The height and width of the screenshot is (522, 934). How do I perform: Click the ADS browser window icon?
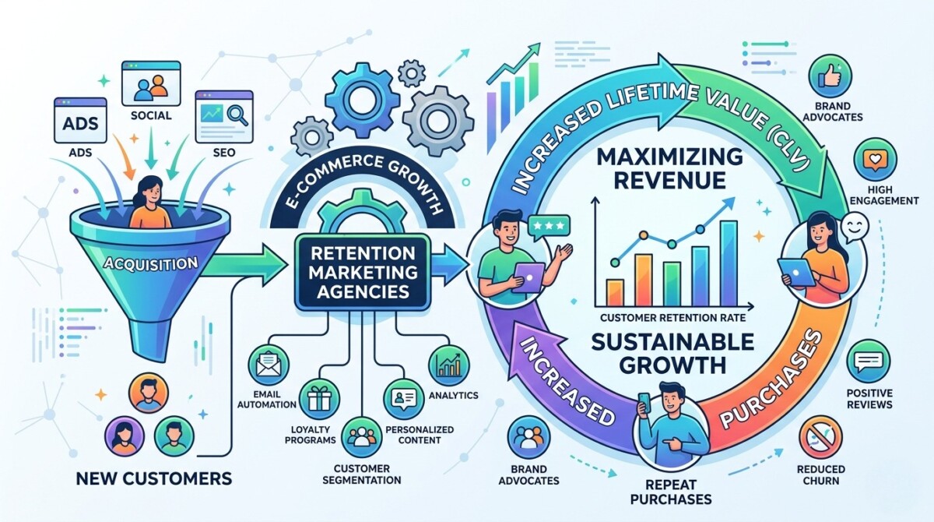click(80, 121)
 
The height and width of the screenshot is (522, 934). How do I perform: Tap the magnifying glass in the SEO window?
click(237, 114)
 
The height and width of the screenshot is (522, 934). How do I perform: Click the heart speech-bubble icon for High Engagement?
click(875, 160)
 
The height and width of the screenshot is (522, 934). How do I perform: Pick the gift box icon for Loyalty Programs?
click(319, 399)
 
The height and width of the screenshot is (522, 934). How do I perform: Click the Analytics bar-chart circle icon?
click(448, 365)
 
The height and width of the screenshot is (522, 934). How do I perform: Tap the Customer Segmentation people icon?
click(362, 437)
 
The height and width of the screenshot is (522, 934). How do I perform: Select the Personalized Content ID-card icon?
click(404, 399)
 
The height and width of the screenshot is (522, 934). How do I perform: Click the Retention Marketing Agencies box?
click(363, 272)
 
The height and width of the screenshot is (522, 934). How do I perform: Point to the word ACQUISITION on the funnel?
click(150, 263)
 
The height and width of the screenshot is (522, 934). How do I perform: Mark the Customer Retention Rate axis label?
click(672, 318)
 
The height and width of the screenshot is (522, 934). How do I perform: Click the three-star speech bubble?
click(548, 227)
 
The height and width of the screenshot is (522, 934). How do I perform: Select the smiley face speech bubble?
click(854, 227)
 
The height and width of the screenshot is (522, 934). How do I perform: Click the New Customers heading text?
click(154, 478)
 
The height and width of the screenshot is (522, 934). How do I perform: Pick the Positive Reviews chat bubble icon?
click(869, 362)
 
